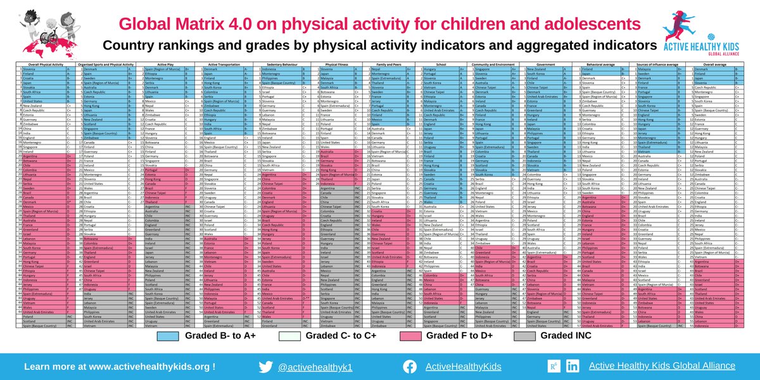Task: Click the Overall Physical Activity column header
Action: click(39, 63)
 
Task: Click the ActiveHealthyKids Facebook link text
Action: click(463, 366)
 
